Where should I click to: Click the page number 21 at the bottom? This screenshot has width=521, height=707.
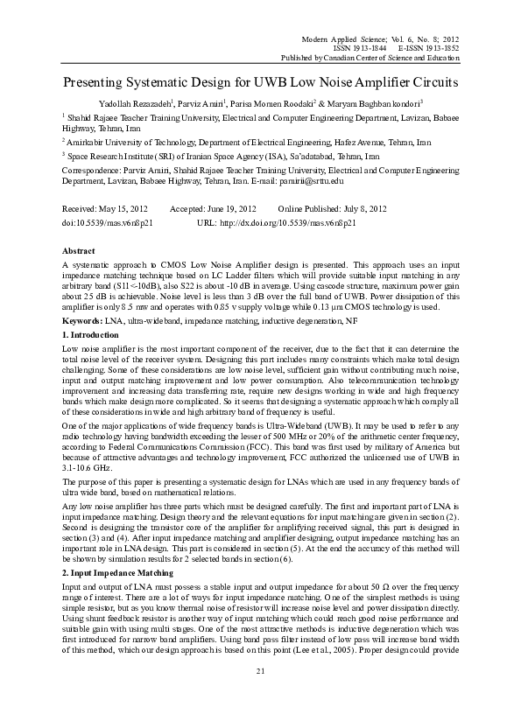pos(260,670)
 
